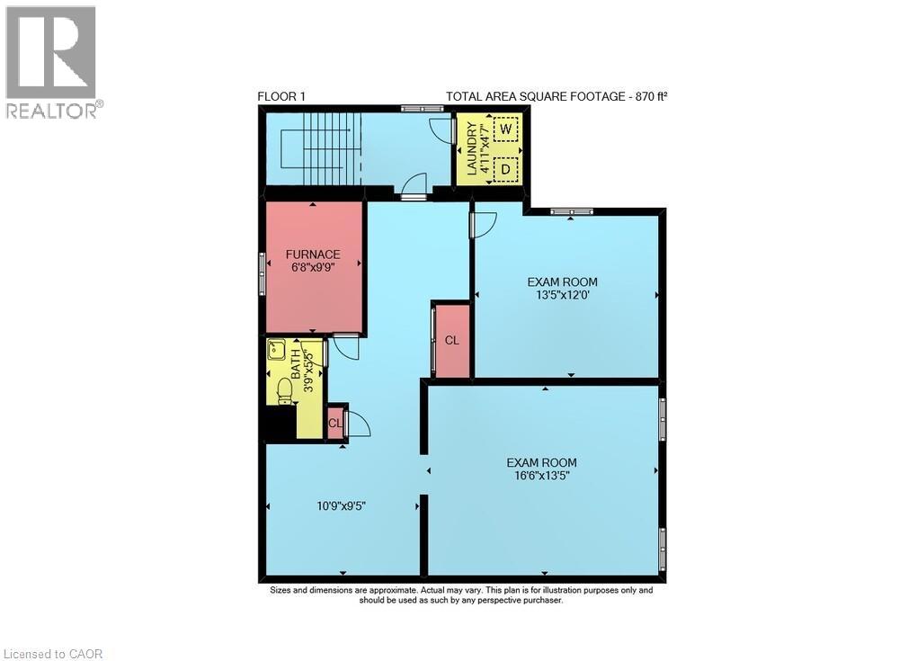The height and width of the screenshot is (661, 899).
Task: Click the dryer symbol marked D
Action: click(x=506, y=168)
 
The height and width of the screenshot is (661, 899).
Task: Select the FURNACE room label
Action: click(x=313, y=255)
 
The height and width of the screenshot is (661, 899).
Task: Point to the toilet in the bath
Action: click(x=284, y=391)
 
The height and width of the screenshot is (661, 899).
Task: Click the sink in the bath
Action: click(x=275, y=349)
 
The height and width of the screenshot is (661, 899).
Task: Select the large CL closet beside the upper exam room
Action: click(x=451, y=341)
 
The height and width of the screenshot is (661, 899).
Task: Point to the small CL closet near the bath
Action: click(x=334, y=423)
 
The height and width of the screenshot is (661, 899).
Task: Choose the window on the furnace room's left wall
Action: click(x=263, y=272)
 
